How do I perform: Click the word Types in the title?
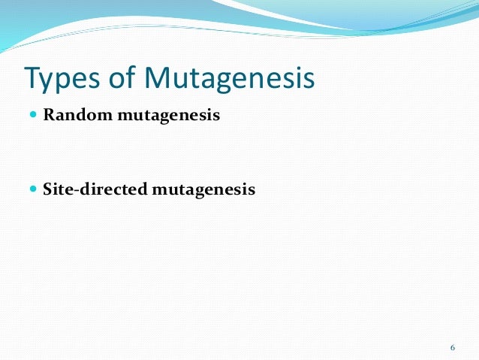pyautogui.click(x=61, y=77)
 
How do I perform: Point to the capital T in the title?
pyautogui.click(x=33, y=77)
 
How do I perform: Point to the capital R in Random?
pyautogui.click(x=50, y=116)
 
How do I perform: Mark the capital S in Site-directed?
pyautogui.click(x=48, y=189)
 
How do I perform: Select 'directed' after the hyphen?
pyautogui.click(x=113, y=189)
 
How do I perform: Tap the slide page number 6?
pyautogui.click(x=452, y=347)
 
